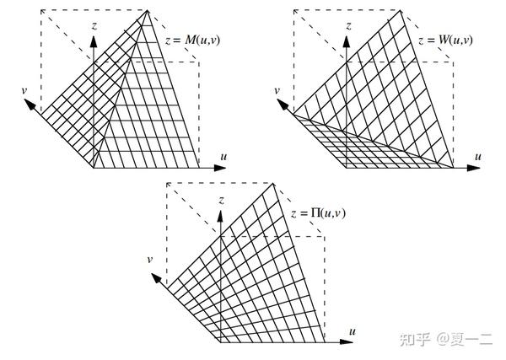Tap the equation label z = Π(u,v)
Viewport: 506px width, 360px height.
pos(317,214)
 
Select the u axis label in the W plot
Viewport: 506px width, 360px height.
pos(477,156)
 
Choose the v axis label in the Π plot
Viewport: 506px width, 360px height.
pos(149,259)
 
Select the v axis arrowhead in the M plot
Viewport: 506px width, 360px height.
pos(30,105)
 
